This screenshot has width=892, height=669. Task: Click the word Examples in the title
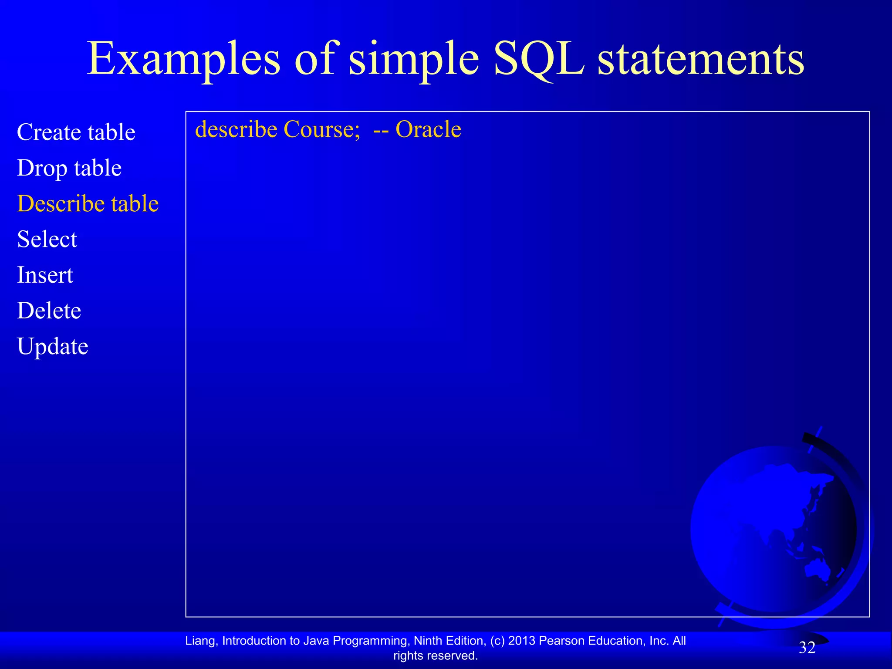183,59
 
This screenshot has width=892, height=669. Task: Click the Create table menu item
76,132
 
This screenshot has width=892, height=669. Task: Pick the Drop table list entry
69,168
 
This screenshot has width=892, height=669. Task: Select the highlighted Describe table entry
88,203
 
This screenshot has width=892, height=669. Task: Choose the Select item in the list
47,239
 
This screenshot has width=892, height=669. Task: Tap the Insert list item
45,275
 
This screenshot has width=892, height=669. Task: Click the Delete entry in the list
49,311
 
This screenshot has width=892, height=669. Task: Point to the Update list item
52,346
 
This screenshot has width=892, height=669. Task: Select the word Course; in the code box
322,129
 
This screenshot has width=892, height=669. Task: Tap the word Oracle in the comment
428,129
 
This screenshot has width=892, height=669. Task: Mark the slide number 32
807,648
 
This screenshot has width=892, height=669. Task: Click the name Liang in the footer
199,641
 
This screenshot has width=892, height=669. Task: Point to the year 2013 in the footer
522,641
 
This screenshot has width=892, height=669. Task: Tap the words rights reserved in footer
436,655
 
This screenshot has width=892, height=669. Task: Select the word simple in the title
414,59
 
